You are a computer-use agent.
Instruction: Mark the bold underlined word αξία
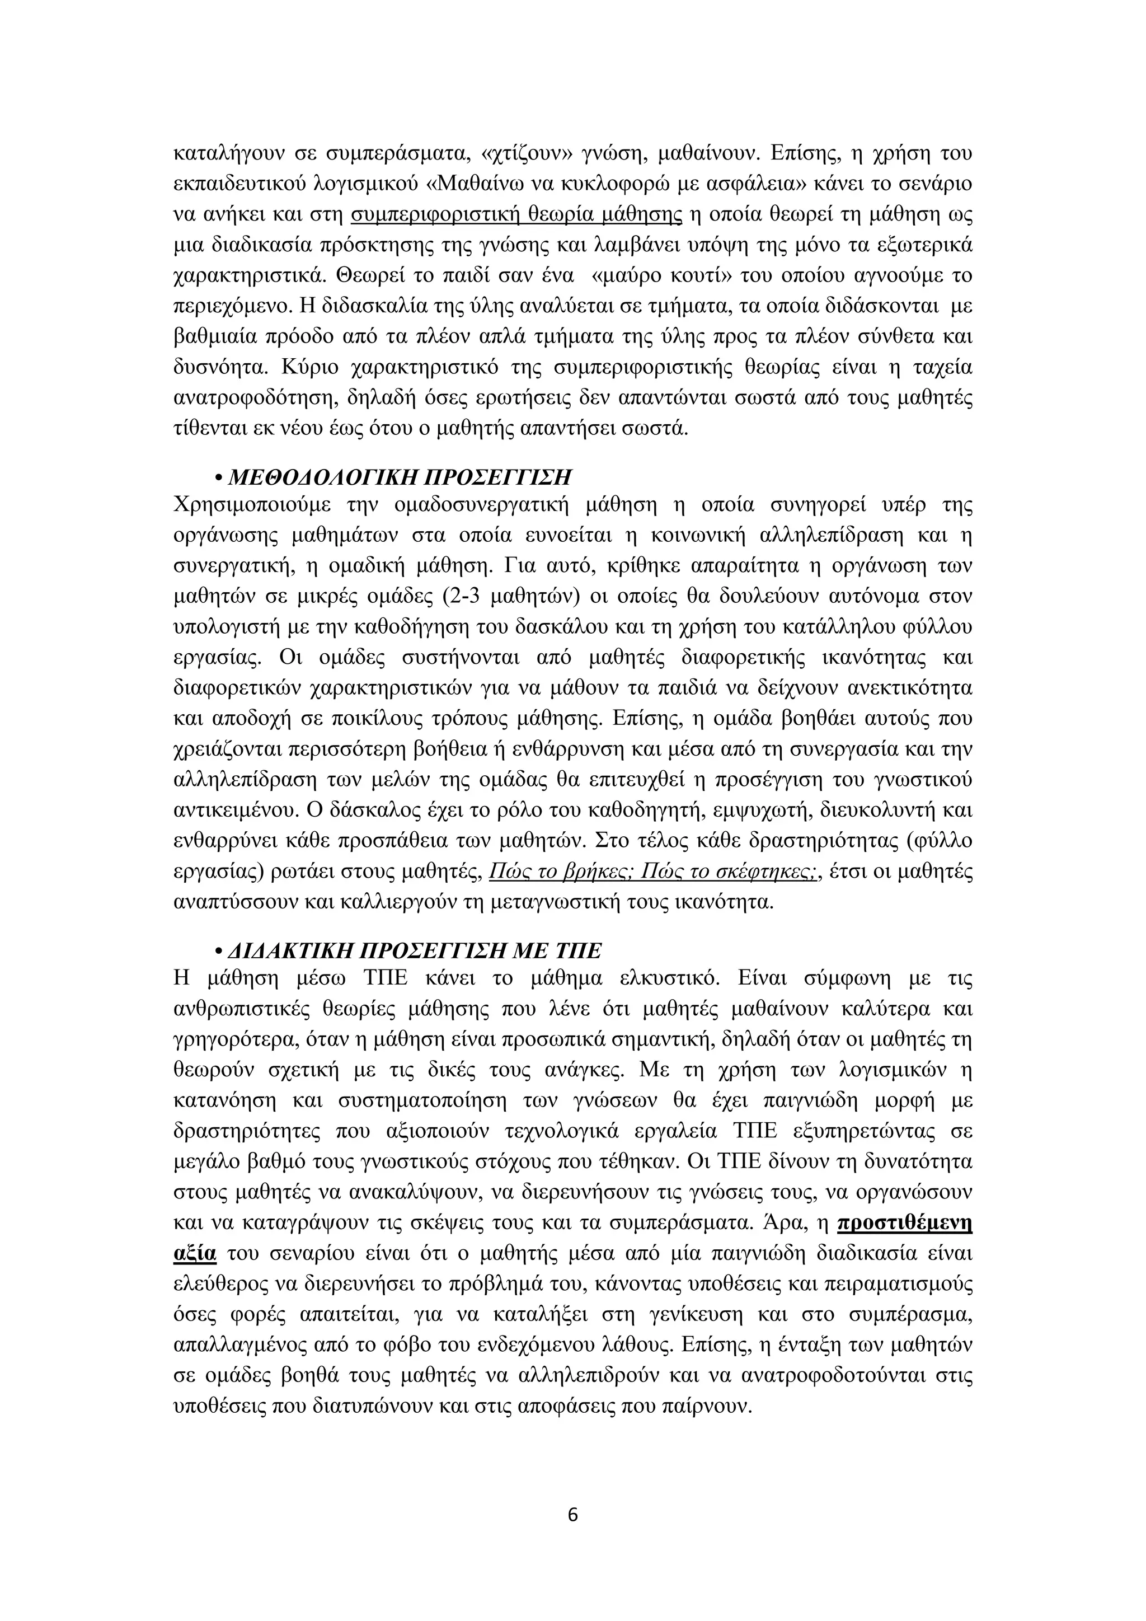click(x=194, y=1253)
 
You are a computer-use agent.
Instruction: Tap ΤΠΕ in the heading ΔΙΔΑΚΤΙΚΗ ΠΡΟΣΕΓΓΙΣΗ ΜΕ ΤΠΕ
click(x=578, y=951)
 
